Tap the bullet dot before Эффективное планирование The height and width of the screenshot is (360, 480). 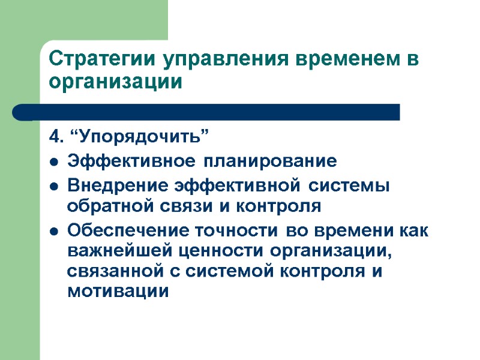click(55, 162)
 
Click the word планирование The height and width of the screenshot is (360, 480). click(269, 161)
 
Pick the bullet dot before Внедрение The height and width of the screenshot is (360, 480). click(55, 186)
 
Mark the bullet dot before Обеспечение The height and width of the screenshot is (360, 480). click(55, 230)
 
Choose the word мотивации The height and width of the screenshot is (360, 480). click(118, 292)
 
